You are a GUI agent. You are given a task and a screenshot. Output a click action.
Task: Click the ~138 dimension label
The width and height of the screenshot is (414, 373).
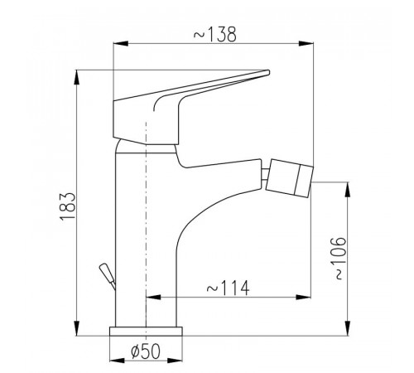tap(215, 35)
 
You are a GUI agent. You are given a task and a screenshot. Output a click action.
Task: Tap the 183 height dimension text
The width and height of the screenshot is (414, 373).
tap(67, 206)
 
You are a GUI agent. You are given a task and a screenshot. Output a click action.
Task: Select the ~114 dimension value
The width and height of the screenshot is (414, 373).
tap(228, 288)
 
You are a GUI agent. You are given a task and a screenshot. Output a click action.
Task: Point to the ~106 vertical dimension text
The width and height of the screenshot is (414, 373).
tap(338, 258)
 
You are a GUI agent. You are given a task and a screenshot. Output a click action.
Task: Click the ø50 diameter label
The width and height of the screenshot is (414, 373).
tap(146, 351)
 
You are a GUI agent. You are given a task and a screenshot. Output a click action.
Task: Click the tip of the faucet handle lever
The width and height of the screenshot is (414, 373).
tap(267, 72)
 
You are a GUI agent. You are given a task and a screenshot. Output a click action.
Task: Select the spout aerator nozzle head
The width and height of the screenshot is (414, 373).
tap(289, 178)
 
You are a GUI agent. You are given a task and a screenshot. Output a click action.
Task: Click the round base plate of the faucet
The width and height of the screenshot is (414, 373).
tap(146, 332)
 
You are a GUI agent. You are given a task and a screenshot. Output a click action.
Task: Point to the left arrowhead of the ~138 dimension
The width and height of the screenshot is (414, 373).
tap(121, 43)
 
